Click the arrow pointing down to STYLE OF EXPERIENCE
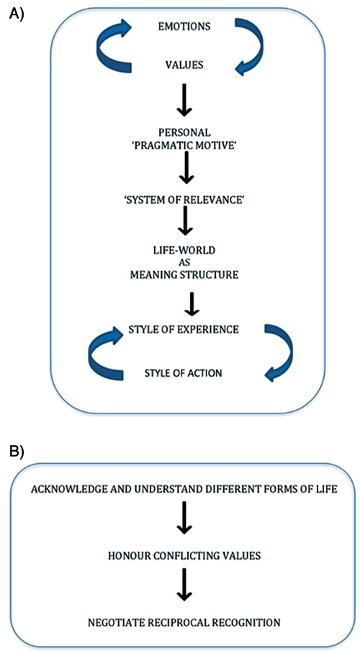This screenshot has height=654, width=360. [191, 305]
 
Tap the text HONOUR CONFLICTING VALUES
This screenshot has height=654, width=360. [184, 557]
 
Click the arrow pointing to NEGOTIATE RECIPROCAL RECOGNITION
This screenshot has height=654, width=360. [184, 588]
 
